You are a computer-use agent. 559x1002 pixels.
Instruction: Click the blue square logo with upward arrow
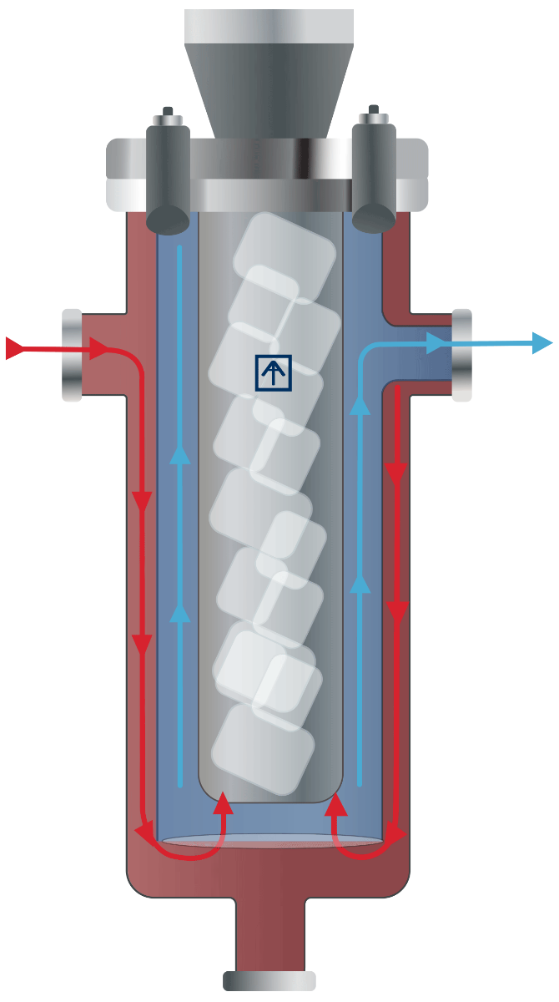(x=274, y=372)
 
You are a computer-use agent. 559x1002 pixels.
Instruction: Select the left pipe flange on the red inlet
(x=73, y=354)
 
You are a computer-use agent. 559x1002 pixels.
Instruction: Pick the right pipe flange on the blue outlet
(x=462, y=353)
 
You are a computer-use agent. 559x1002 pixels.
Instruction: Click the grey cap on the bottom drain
(x=269, y=980)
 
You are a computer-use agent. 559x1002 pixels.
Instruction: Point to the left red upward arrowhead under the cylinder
(x=223, y=804)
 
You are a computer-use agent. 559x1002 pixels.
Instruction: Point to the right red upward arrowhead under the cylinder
(x=335, y=804)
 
